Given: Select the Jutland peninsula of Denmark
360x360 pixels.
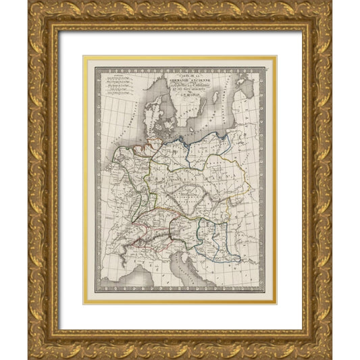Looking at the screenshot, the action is tap(156, 108).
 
